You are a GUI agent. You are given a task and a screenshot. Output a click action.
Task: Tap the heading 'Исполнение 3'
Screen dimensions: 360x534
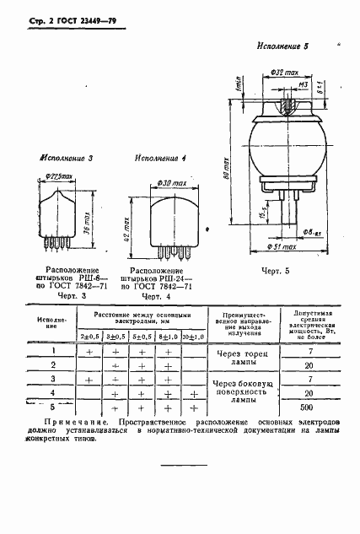(67, 159)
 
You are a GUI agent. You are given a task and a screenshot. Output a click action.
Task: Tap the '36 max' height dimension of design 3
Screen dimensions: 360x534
(89, 220)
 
